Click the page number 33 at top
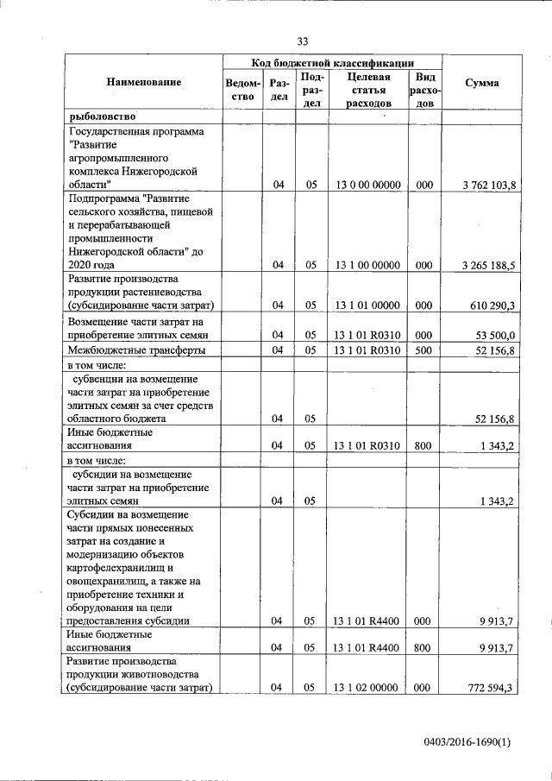pos(302,41)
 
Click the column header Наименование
pos(144,83)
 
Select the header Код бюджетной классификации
pos(332,63)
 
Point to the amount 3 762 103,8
pos(489,186)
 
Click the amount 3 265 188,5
pos(489,266)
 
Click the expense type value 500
pos(423,350)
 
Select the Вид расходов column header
pos(423,91)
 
